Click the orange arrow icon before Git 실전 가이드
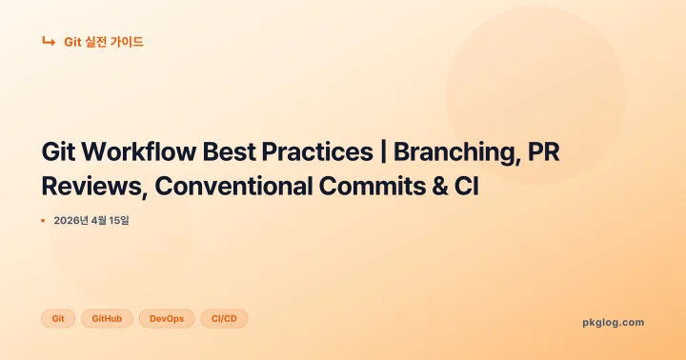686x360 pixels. tap(48, 42)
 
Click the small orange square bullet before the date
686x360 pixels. tap(43, 221)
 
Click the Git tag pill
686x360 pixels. tap(58, 318)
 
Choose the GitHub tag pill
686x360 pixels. tap(107, 318)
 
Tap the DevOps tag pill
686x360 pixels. tap(167, 318)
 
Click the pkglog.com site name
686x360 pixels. tap(613, 322)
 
